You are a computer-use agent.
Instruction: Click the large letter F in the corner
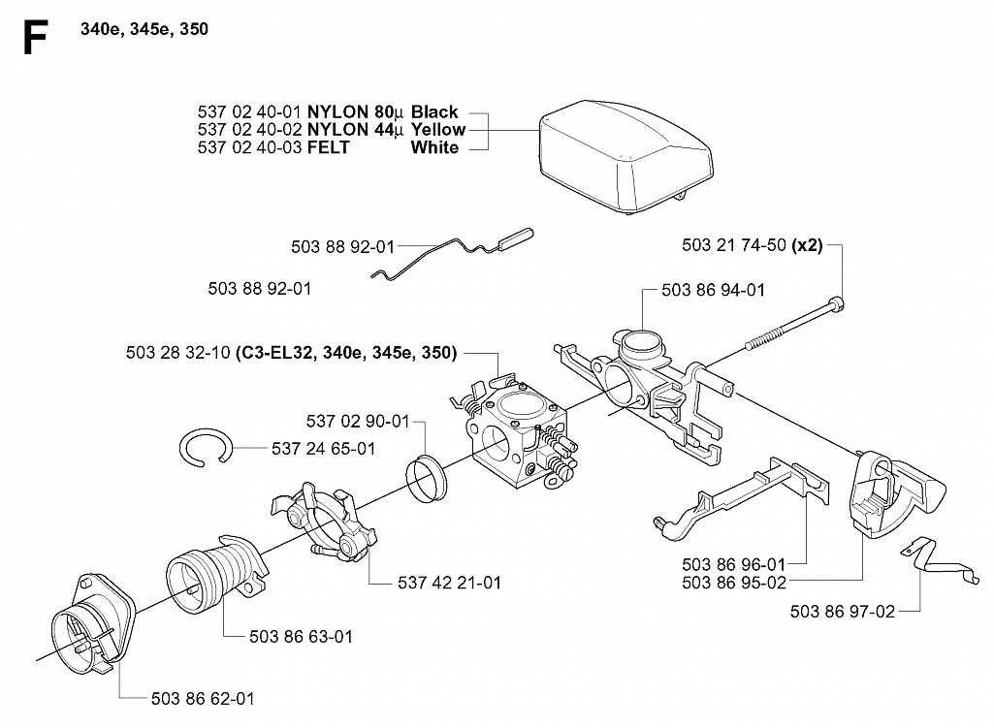coord(35,38)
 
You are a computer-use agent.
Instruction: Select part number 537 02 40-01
coord(248,112)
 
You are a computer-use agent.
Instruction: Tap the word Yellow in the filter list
coord(438,130)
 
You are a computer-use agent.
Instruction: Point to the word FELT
coord(329,147)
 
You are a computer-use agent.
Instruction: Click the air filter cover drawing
coord(626,158)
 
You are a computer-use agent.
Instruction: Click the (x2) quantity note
coord(808,245)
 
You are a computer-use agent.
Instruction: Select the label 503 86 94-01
coord(713,290)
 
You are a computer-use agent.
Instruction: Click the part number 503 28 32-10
coord(177,353)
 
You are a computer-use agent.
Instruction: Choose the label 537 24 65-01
coord(323,449)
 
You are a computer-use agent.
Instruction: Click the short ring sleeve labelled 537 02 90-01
coord(426,478)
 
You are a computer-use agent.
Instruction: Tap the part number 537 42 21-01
coord(449,583)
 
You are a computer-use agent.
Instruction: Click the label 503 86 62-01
coord(203,699)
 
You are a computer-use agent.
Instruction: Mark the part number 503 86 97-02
coord(843,612)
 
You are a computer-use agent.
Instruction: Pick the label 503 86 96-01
coord(733,564)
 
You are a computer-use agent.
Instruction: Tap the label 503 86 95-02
coord(734,583)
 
